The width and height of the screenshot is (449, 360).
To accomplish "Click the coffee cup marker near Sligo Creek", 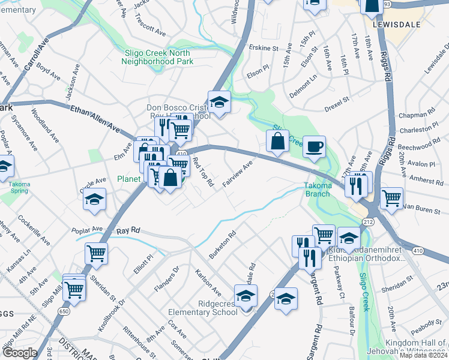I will coord(314,147).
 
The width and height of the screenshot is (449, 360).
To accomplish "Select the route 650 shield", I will coord(63,311).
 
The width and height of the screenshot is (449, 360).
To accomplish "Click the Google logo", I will coord(19,353).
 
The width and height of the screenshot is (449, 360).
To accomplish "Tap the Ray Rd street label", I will coord(128,230).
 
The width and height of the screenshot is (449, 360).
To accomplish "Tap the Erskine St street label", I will coord(264,47).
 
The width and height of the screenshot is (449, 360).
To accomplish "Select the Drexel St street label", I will coord(337,104).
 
